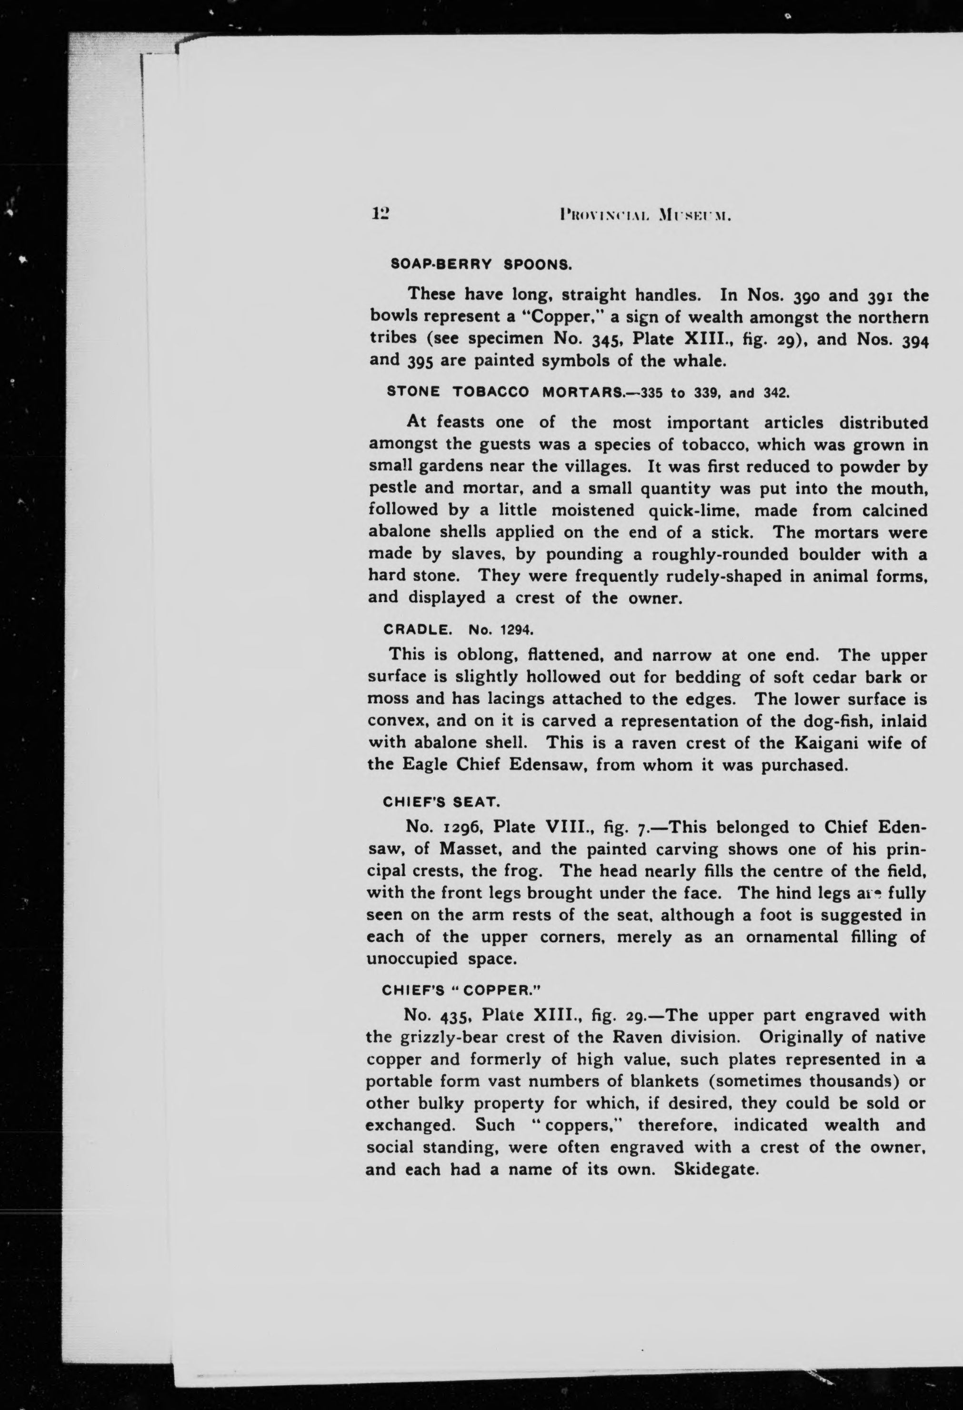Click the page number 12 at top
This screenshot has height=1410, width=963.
click(381, 213)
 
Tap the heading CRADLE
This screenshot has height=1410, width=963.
click(418, 630)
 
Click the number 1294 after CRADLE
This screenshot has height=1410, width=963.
click(516, 630)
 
